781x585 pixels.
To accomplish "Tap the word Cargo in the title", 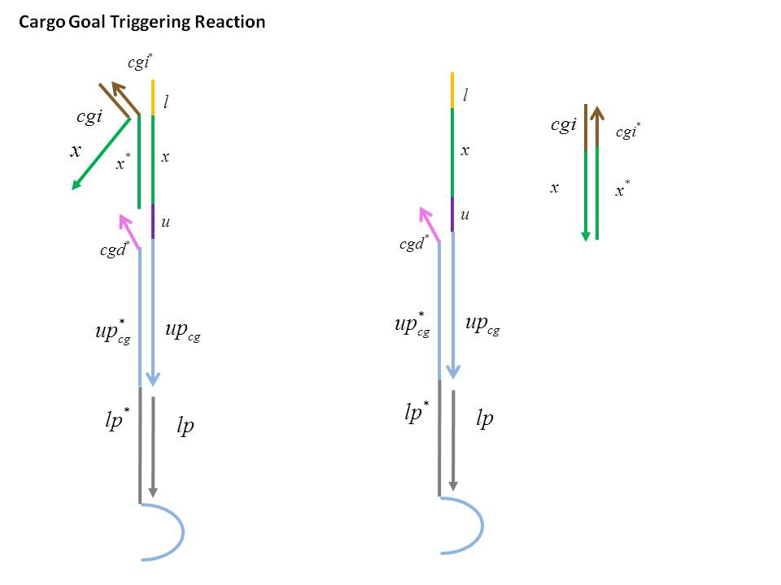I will click(39, 22).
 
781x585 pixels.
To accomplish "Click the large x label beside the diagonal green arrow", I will click(76, 150).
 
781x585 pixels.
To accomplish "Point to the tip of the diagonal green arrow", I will click(74, 188).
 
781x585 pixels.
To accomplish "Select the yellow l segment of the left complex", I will click(153, 97).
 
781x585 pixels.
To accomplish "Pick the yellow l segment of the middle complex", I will click(452, 89).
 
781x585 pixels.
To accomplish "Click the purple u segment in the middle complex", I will click(452, 214).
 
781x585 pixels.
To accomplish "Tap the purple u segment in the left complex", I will click(153, 221).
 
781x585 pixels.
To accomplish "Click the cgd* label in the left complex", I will click(115, 250).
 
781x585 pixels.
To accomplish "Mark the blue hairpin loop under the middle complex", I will click(472, 525).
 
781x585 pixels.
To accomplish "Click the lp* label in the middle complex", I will click(417, 413).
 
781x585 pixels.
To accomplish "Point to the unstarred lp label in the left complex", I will click(185, 427).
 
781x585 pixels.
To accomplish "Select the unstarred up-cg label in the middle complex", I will click(482, 325).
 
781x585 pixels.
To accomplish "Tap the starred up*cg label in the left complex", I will click(112, 332).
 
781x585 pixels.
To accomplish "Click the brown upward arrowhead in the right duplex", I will click(596, 113).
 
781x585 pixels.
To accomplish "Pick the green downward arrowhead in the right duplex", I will click(585, 235).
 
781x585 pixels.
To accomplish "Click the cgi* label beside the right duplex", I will click(627, 132).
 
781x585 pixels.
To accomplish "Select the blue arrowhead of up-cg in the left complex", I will click(153, 378).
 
